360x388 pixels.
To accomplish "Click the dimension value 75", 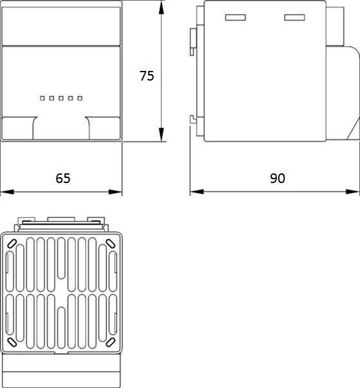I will pyautogui.click(x=147, y=75).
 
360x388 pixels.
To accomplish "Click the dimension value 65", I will pyautogui.click(x=62, y=178).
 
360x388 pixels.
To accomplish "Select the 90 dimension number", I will pyautogui.click(x=277, y=178).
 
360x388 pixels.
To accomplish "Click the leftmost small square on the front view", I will pyautogui.click(x=43, y=98).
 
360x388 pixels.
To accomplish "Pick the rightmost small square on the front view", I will pyautogui.click(x=80, y=98).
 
